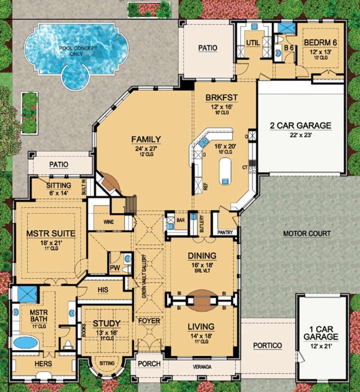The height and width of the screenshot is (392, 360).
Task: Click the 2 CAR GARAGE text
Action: tap(300, 125)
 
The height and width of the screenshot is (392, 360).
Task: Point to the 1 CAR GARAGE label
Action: tap(320, 333)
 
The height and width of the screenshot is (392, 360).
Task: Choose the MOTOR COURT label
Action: tap(307, 233)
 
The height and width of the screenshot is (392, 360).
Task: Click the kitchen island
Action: tap(225, 170)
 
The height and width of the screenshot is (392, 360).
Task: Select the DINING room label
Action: tap(202, 256)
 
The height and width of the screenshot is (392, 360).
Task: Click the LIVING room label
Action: tap(201, 327)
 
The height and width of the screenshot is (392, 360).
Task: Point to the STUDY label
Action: tap(106, 324)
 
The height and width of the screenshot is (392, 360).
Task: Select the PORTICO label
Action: tap(267, 346)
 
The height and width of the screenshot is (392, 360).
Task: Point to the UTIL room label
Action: tap(252, 43)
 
